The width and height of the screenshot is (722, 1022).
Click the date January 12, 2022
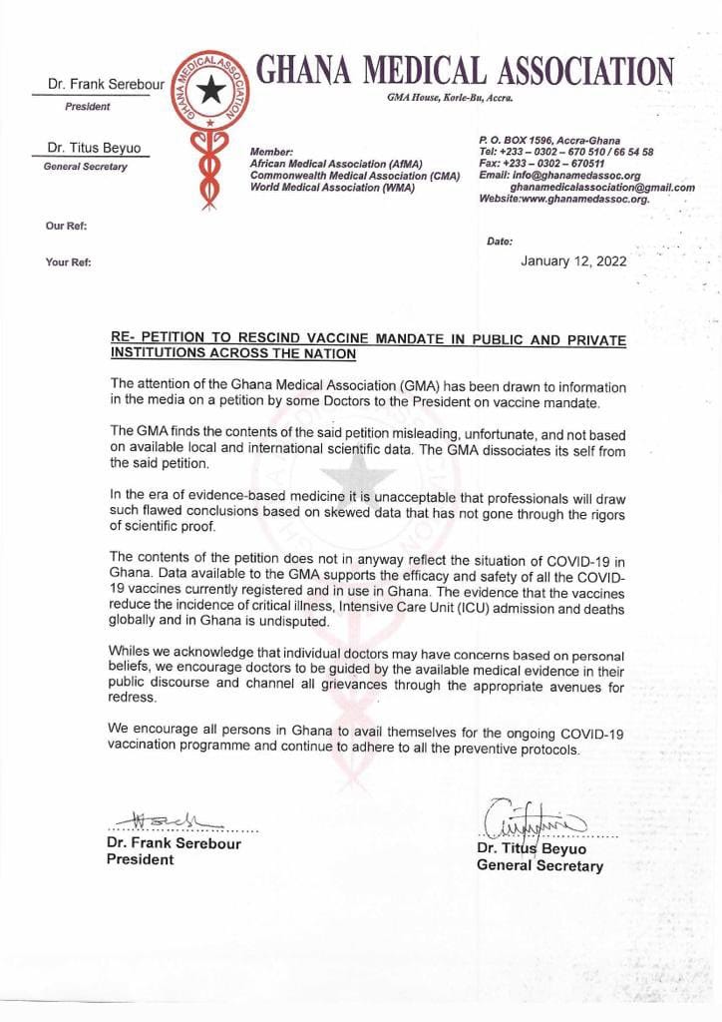coord(573,261)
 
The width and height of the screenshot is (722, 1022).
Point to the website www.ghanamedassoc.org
coord(563,199)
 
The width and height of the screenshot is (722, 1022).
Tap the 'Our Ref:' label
coord(66,227)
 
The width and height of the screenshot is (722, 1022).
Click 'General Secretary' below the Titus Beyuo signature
coord(540,866)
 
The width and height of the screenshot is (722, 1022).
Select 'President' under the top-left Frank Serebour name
coord(88,106)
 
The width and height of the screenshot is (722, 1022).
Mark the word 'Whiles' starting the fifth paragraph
coord(131,651)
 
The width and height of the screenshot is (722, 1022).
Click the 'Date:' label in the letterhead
coord(500,241)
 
